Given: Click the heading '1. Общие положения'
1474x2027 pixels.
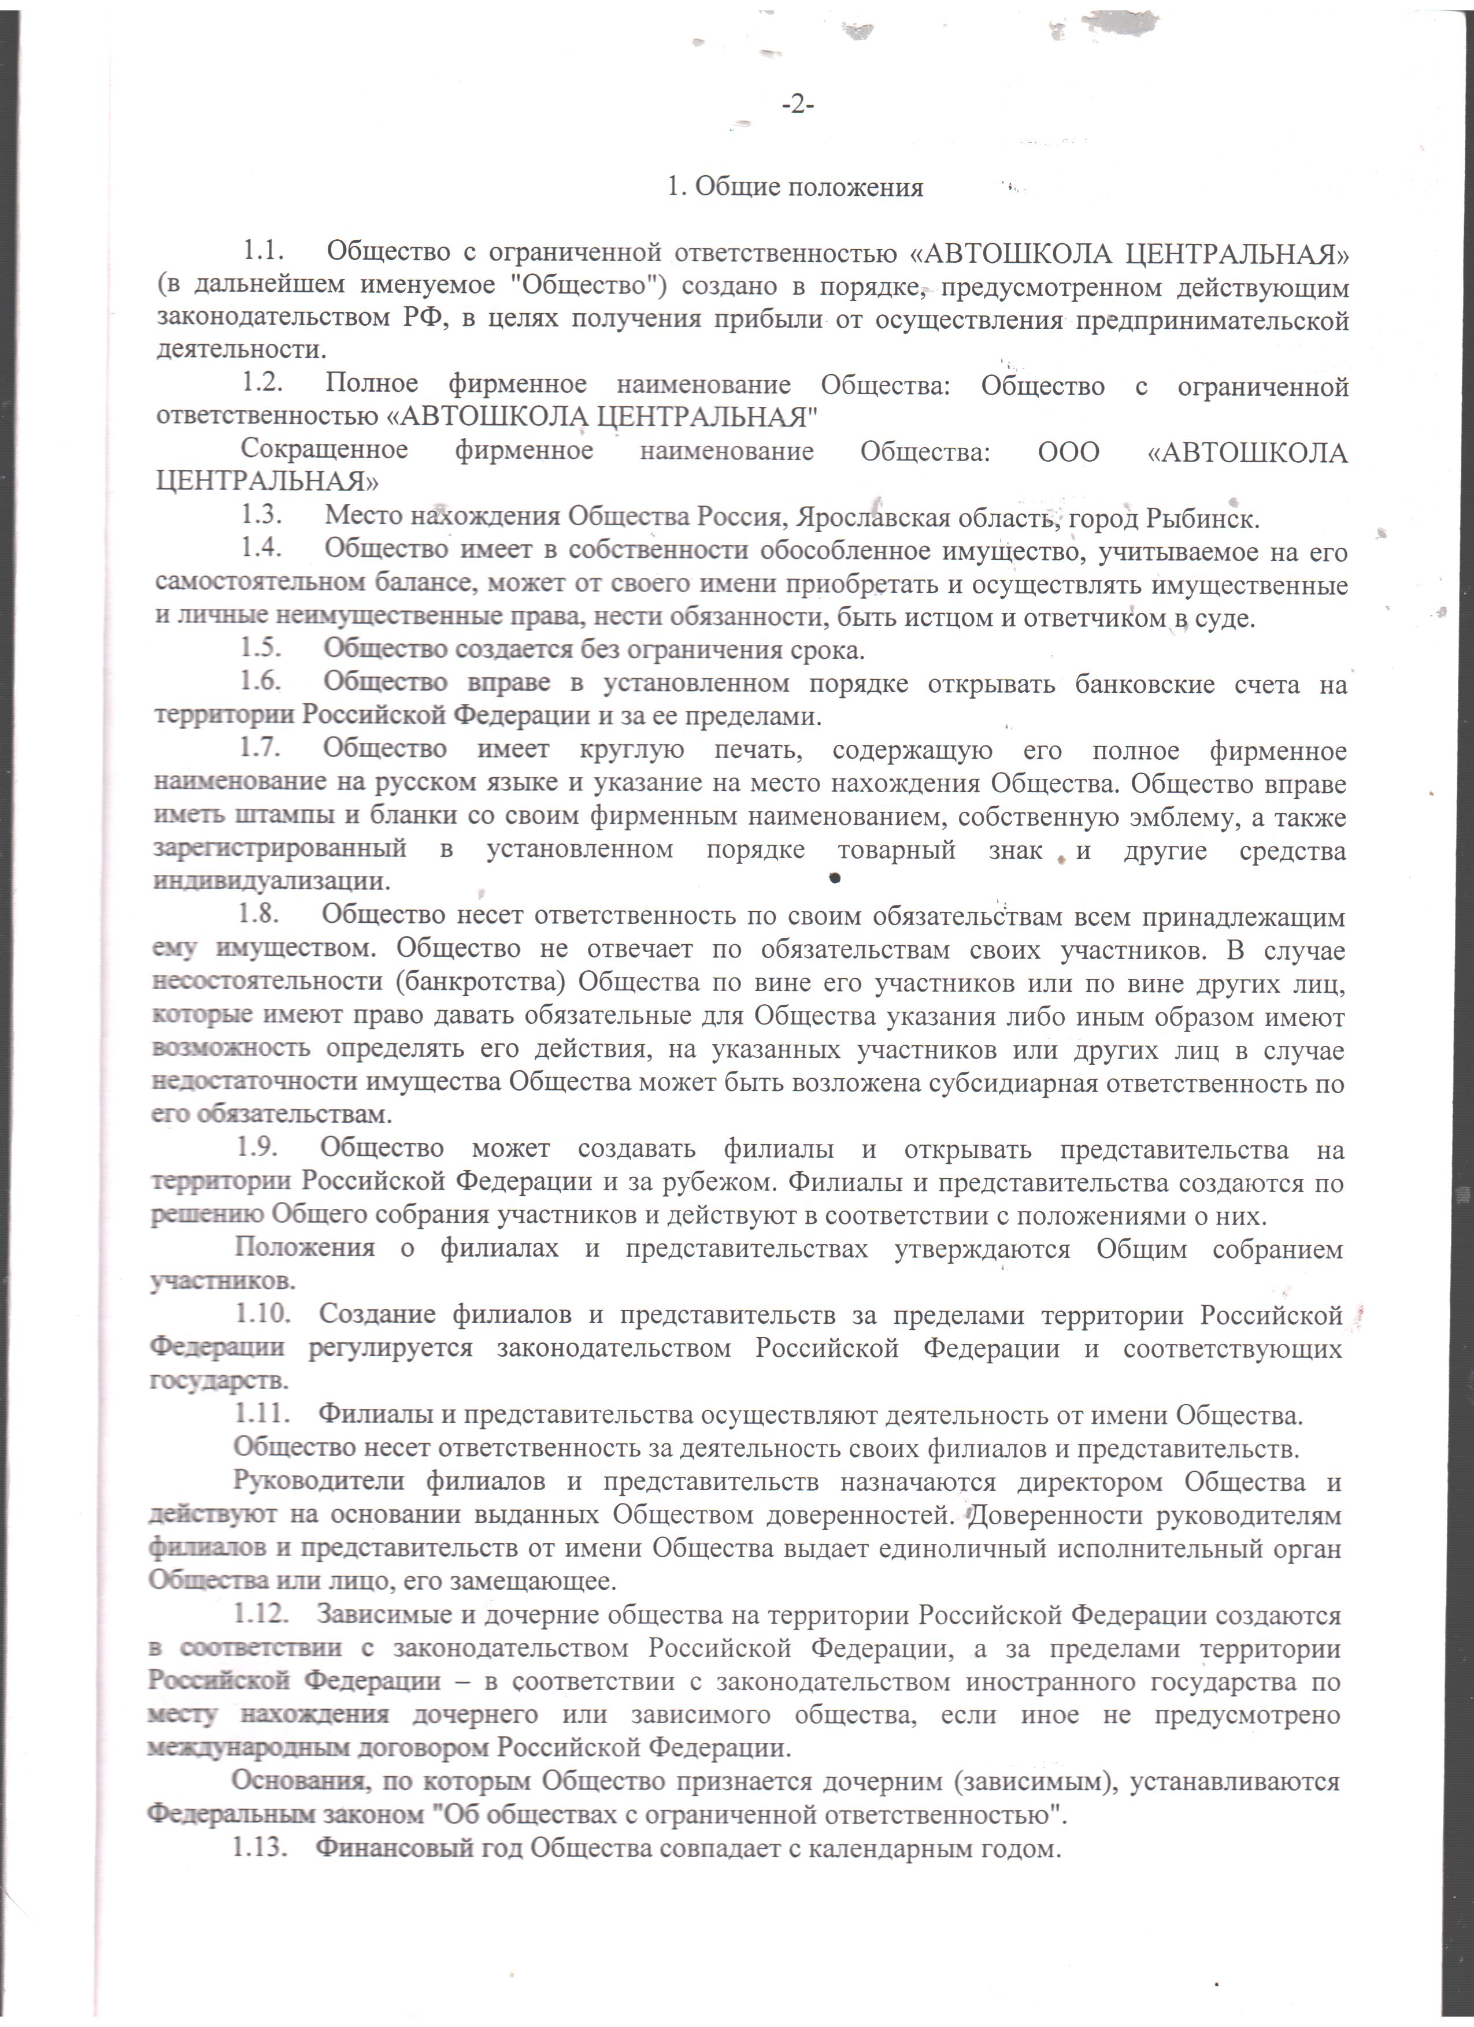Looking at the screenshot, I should [795, 188].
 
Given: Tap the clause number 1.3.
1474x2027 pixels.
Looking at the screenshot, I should [261, 517].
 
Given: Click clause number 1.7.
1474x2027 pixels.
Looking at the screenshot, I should [259, 749].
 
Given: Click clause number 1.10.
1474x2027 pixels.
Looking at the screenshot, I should [262, 1314].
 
